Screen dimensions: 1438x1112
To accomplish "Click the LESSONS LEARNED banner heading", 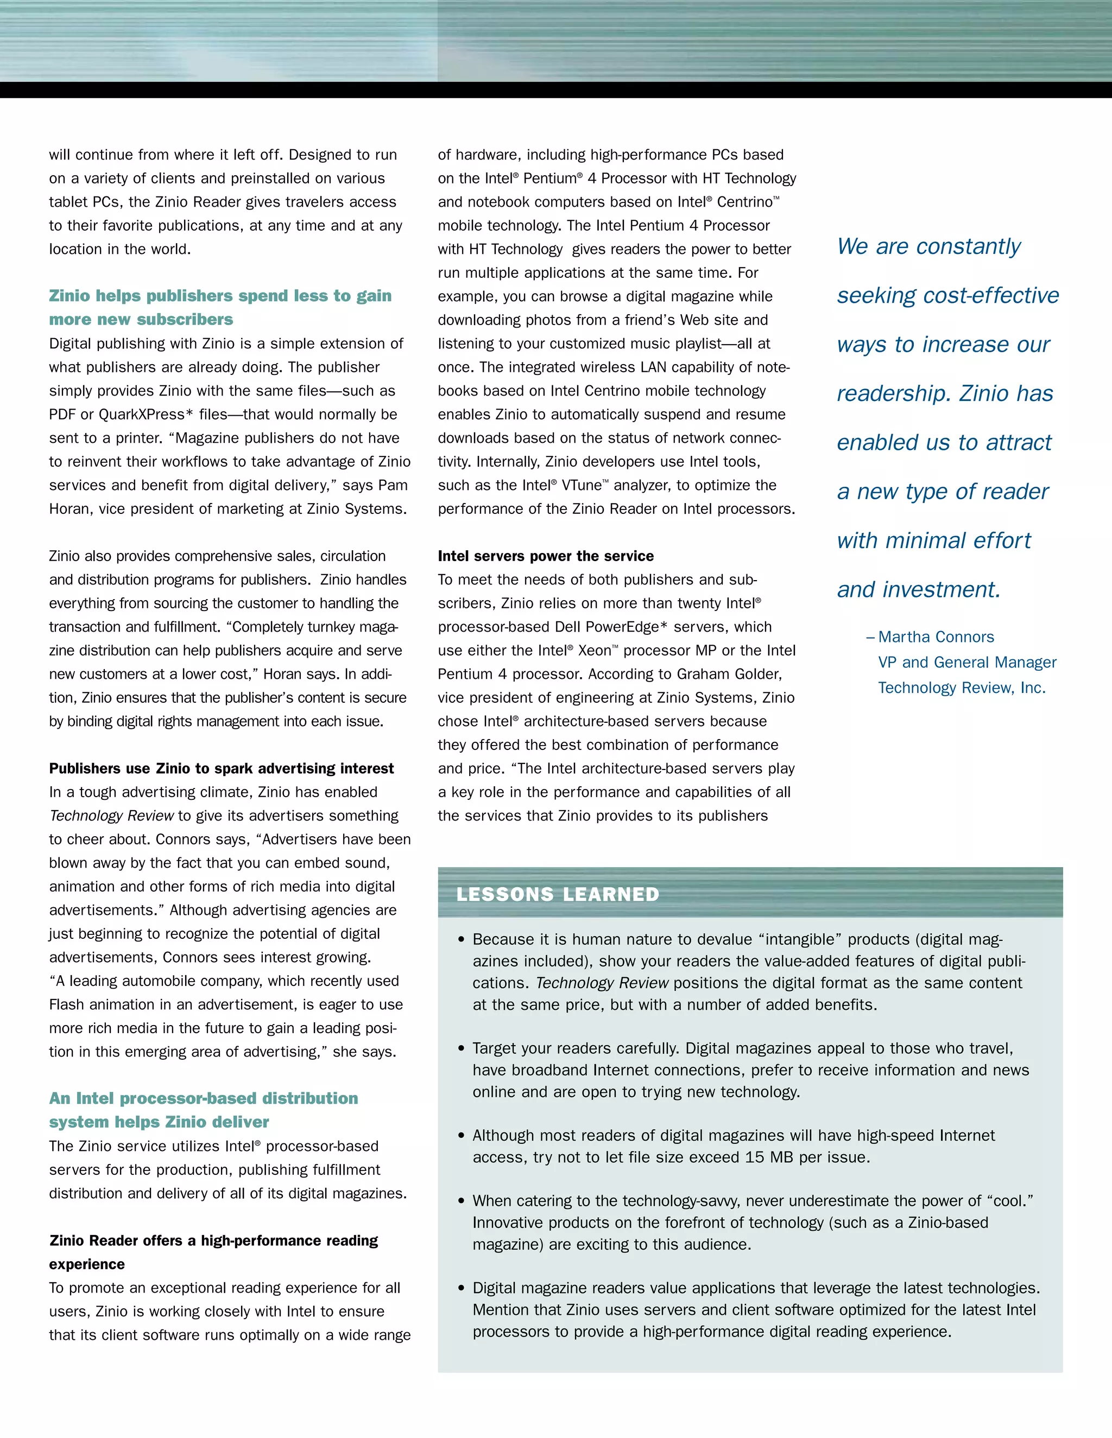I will [557, 894].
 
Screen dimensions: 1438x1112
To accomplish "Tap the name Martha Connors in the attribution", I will [936, 637].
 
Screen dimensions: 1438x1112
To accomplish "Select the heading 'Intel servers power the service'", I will [546, 556].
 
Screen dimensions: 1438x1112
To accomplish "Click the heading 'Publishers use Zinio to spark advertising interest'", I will [222, 768].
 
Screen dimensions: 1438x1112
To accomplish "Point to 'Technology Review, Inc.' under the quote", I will [961, 688].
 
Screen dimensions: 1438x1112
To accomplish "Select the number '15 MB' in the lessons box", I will [769, 1157].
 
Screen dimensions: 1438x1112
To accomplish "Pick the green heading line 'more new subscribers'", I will [141, 319].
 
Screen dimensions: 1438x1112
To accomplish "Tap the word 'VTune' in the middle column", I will [581, 485].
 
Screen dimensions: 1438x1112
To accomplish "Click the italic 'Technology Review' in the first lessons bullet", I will [602, 983].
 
